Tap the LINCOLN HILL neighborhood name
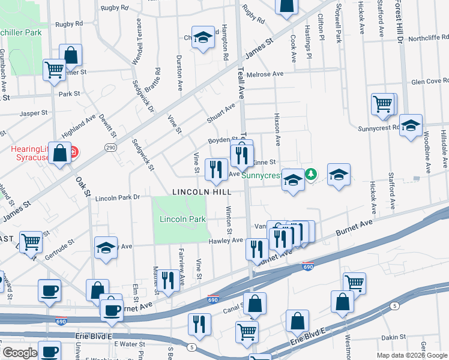(x=202, y=192)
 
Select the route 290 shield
(x=112, y=147)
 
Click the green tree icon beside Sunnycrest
(x=310, y=175)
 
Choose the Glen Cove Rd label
(x=430, y=82)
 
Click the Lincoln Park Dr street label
(x=117, y=197)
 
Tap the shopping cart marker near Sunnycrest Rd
(x=383, y=104)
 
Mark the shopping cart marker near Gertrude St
(x=31, y=242)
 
